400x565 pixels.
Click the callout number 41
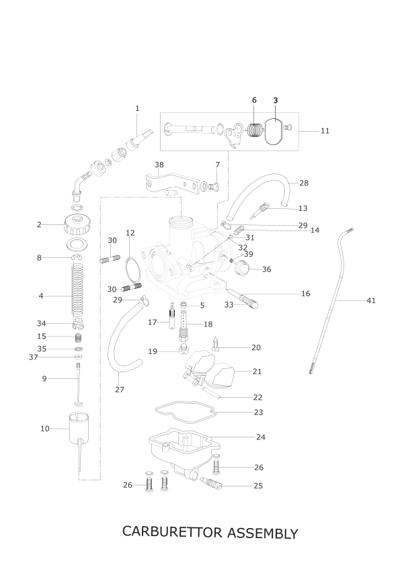click(371, 300)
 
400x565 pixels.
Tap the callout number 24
click(260, 437)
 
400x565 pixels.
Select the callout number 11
click(325, 131)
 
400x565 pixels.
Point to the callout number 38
click(159, 165)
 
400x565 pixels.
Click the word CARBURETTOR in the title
click(172, 532)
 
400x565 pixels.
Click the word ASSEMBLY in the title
click(263, 533)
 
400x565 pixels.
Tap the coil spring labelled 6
click(255, 130)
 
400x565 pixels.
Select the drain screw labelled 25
click(211, 482)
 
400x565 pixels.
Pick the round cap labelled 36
click(242, 269)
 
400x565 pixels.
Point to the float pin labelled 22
click(211, 392)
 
